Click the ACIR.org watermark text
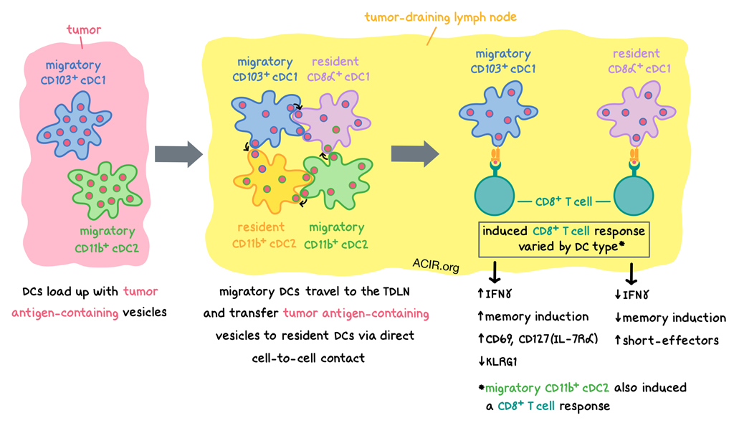pos(435,267)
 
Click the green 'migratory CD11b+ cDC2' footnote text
pos(548,388)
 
